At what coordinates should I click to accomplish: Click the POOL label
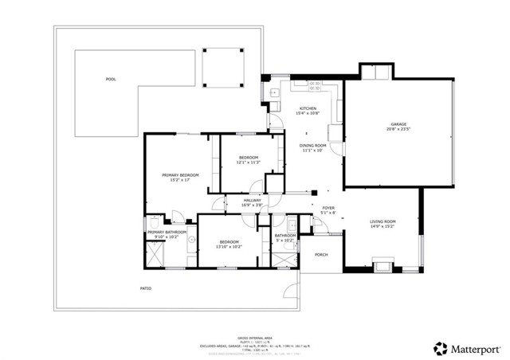coord(110,79)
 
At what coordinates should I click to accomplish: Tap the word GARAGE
coord(398,124)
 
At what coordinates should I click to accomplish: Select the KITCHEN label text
coord(308,108)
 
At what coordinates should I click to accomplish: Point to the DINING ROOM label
coord(313,145)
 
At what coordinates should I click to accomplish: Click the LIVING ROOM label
coord(382,221)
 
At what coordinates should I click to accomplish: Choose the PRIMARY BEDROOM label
coord(179,174)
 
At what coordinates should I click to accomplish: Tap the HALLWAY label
coord(253,200)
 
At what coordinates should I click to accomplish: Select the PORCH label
coord(321,255)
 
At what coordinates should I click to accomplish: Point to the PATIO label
coord(146,288)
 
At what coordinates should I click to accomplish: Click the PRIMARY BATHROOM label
coord(167,232)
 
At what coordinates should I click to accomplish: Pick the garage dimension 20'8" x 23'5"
coord(398,130)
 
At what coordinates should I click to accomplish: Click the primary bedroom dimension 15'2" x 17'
coord(179,180)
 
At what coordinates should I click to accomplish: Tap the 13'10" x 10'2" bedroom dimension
coord(229,246)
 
